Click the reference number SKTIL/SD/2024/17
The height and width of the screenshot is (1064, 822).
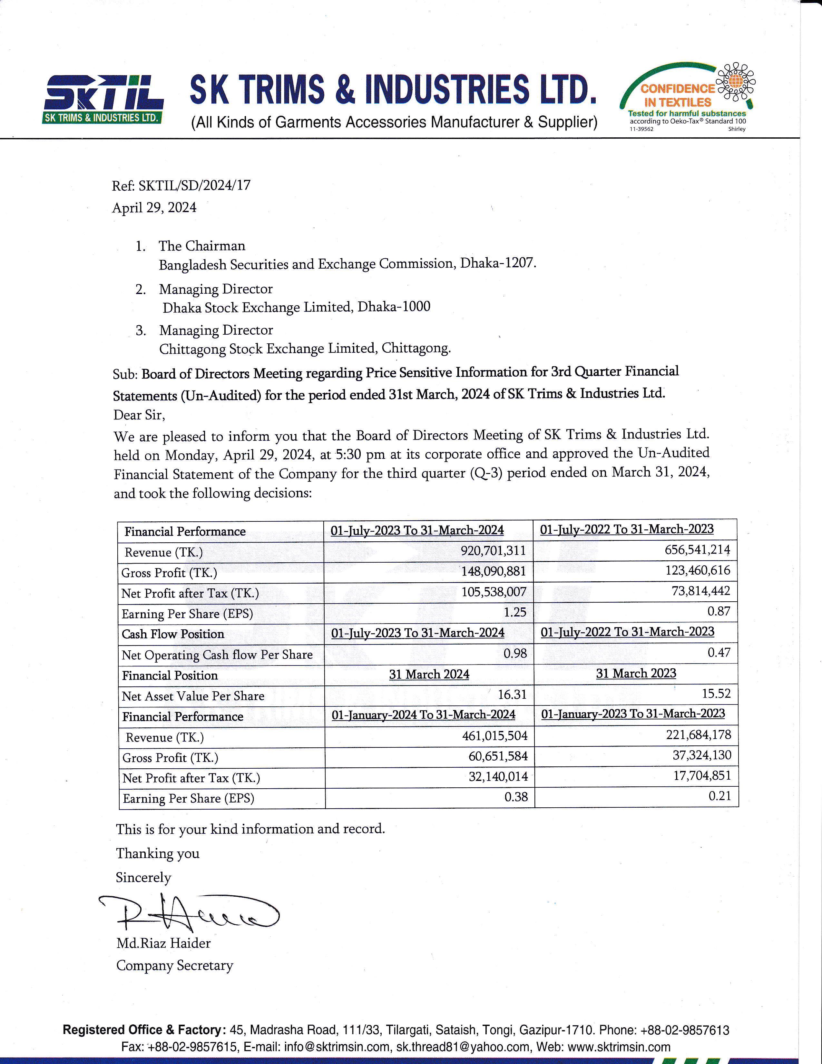(x=194, y=185)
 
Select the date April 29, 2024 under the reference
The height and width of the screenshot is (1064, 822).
(x=154, y=208)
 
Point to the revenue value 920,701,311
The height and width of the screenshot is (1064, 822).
(x=493, y=551)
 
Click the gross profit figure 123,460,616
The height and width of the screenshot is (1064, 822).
(x=697, y=570)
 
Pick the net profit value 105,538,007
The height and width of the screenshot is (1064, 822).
(x=494, y=592)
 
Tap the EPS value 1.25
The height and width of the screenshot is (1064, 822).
(x=515, y=612)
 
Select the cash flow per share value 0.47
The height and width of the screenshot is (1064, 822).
(x=719, y=653)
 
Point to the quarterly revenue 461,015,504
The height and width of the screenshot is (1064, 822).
(x=495, y=736)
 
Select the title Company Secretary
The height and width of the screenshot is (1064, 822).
(x=175, y=966)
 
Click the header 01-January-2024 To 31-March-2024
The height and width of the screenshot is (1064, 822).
(x=423, y=715)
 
